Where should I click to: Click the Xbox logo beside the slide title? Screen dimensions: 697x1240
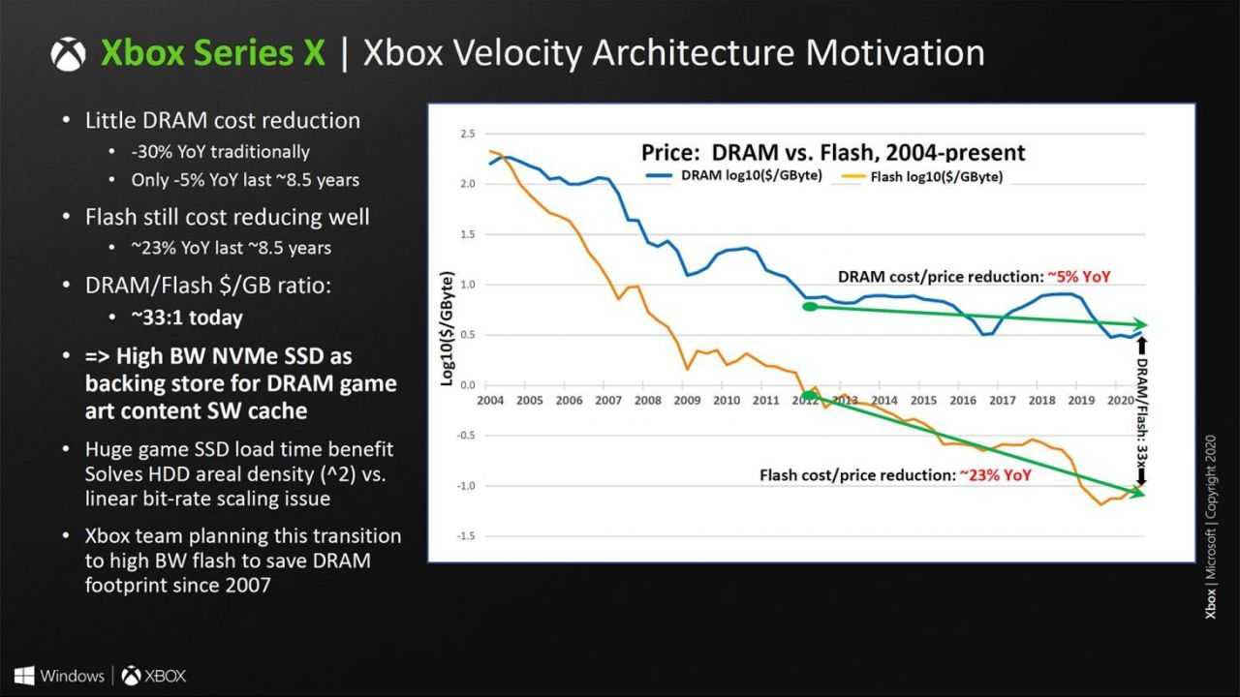click(68, 53)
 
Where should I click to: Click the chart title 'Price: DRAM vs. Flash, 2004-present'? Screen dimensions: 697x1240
click(833, 152)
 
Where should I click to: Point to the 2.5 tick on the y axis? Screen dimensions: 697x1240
click(467, 134)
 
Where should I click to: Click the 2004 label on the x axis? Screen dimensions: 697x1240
click(489, 400)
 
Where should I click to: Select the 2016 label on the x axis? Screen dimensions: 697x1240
click(963, 400)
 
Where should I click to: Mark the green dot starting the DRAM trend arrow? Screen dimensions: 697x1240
click(810, 307)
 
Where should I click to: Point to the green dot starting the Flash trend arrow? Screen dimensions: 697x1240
click(809, 395)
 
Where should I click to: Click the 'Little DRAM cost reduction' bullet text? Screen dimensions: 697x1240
click(223, 121)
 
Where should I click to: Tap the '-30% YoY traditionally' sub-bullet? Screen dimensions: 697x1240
click(221, 151)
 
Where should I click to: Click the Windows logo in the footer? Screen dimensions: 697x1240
click(25, 675)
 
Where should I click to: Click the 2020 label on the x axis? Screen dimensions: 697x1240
click(1120, 400)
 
